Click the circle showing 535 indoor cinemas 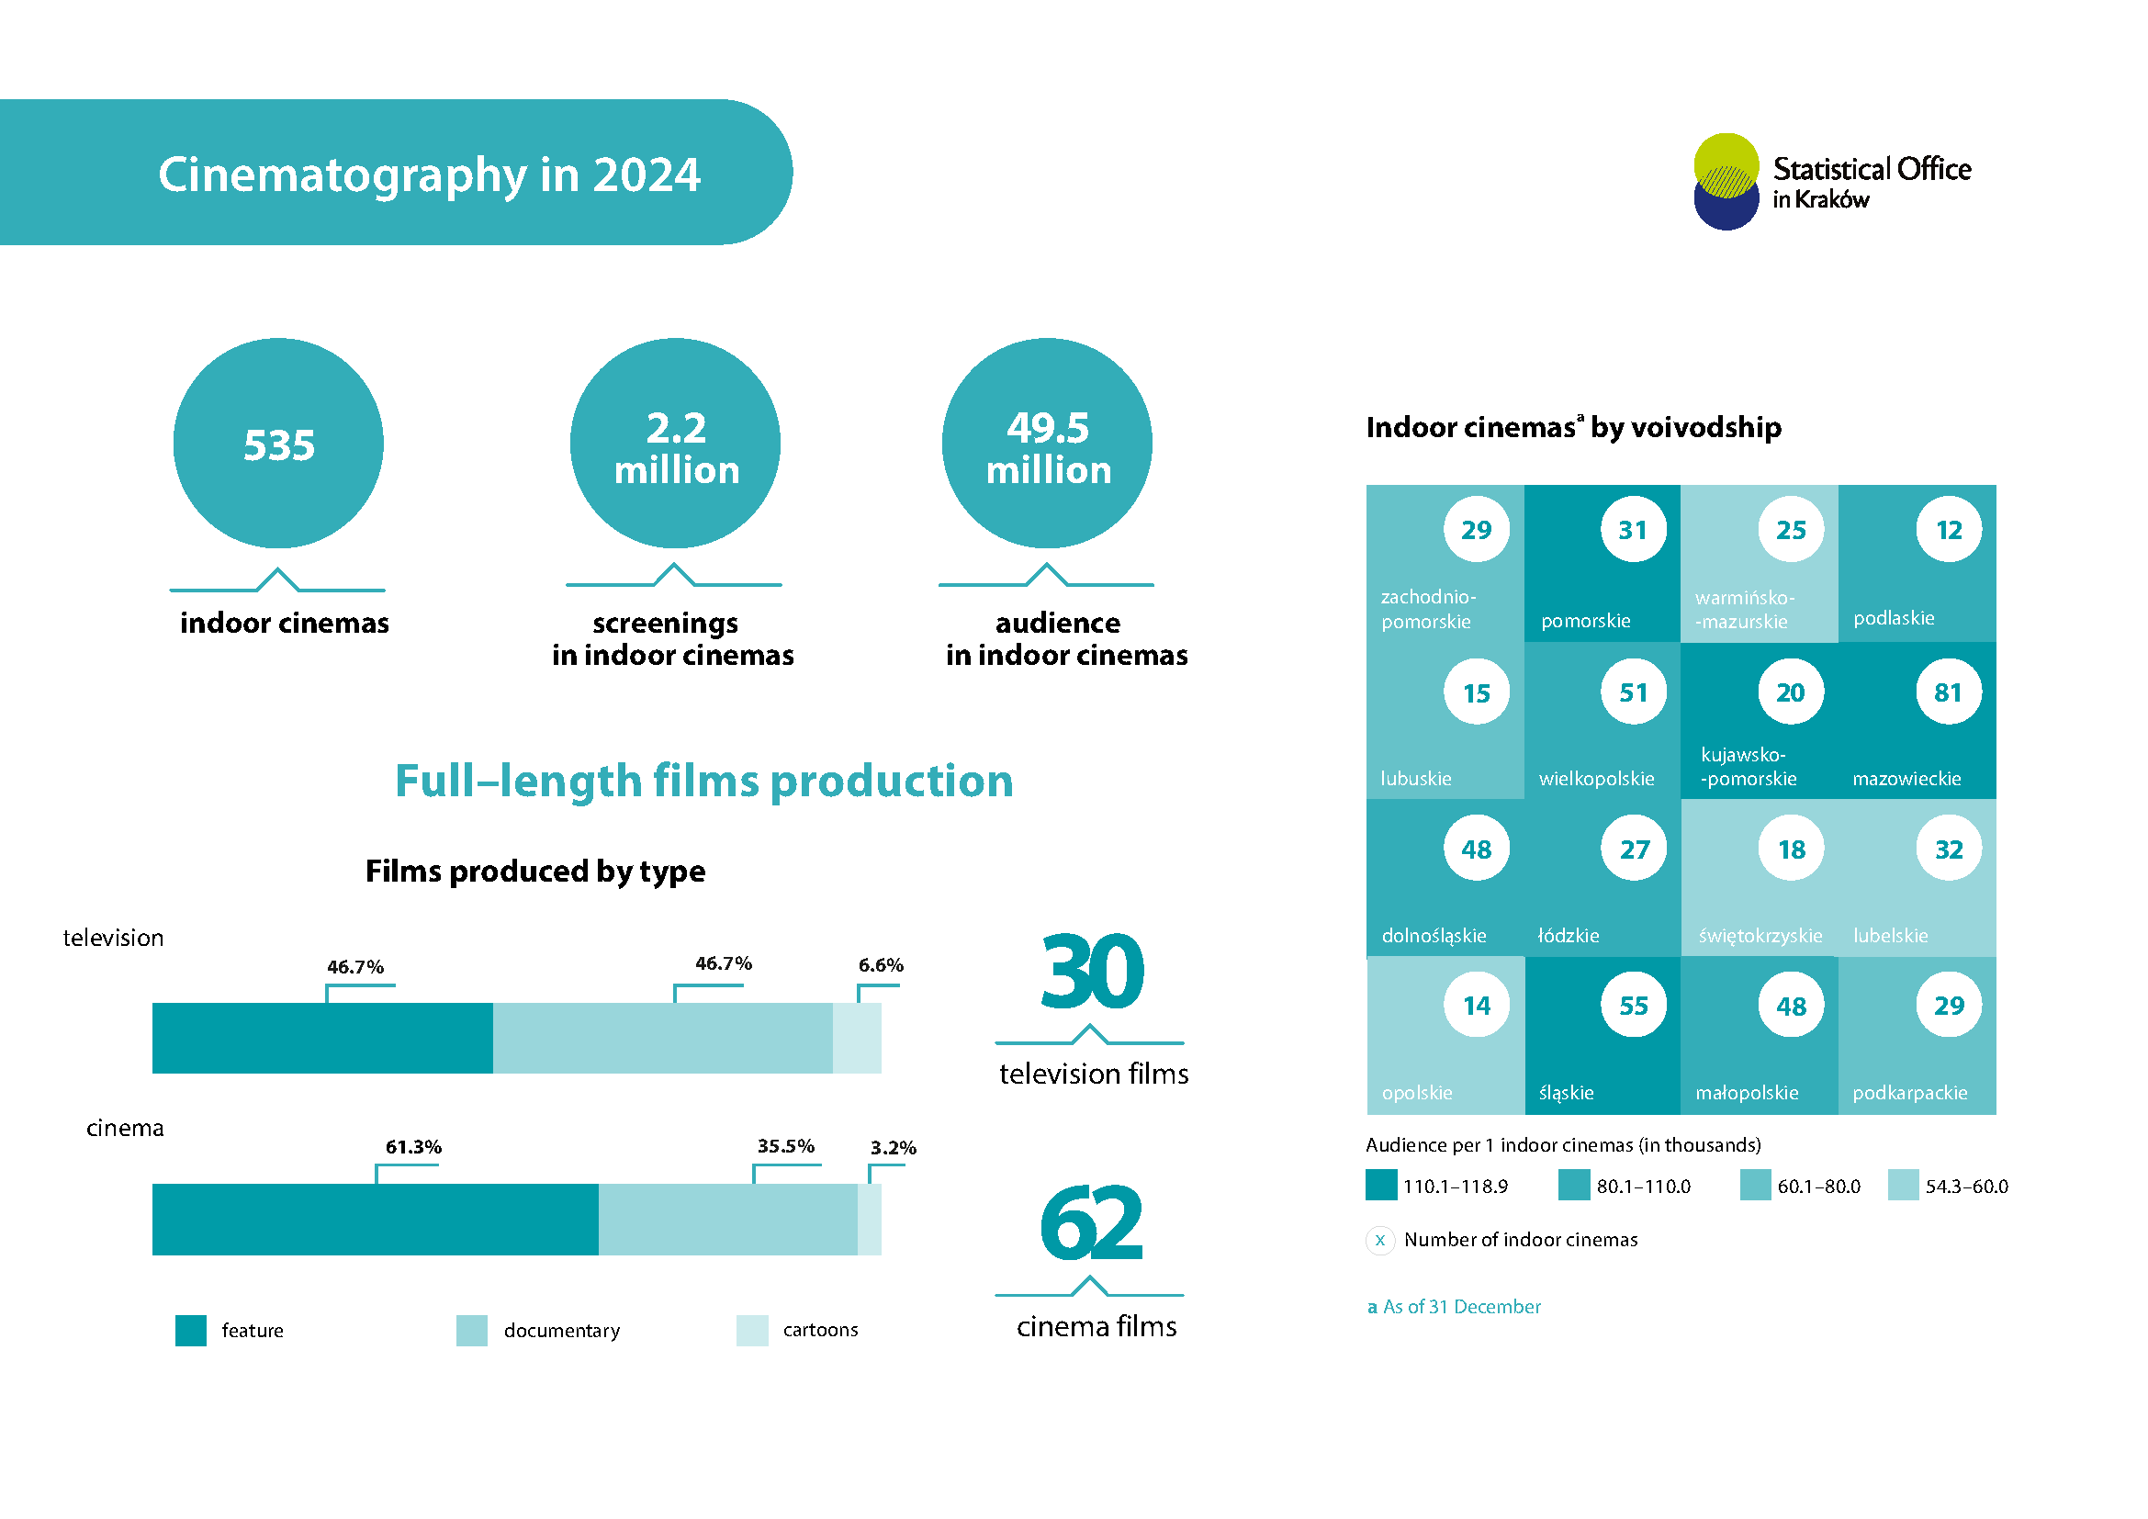pos(278,444)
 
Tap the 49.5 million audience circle pos(1047,444)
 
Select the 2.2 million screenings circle pos(675,444)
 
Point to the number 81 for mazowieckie pos(1948,692)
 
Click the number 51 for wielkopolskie pos(1634,692)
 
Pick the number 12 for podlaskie pos(1949,529)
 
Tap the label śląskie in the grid pos(1566,1093)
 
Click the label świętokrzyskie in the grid pos(1760,935)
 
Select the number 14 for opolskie pos(1477,1006)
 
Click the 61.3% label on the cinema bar pos(413,1147)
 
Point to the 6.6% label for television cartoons pos(881,965)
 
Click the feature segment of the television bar pos(321,1039)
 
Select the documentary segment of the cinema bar pos(728,1219)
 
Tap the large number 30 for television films pos(1092,973)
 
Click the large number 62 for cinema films pos(1091,1222)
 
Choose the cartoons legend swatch pos(752,1330)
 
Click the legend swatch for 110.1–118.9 pos(1381,1185)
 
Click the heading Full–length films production pos(703,781)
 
